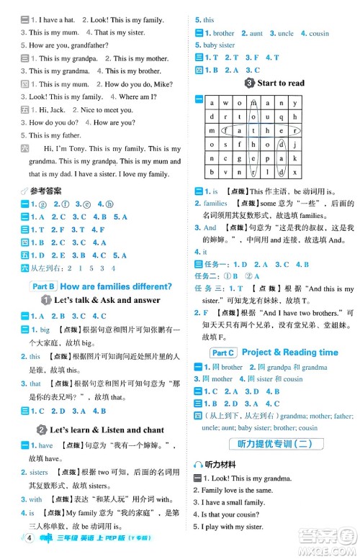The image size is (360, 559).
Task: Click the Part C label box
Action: (x=222, y=353)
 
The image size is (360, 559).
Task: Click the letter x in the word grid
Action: (x=295, y=172)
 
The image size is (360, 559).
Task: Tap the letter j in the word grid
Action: (x=295, y=145)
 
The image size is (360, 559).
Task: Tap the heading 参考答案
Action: (x=45, y=191)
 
